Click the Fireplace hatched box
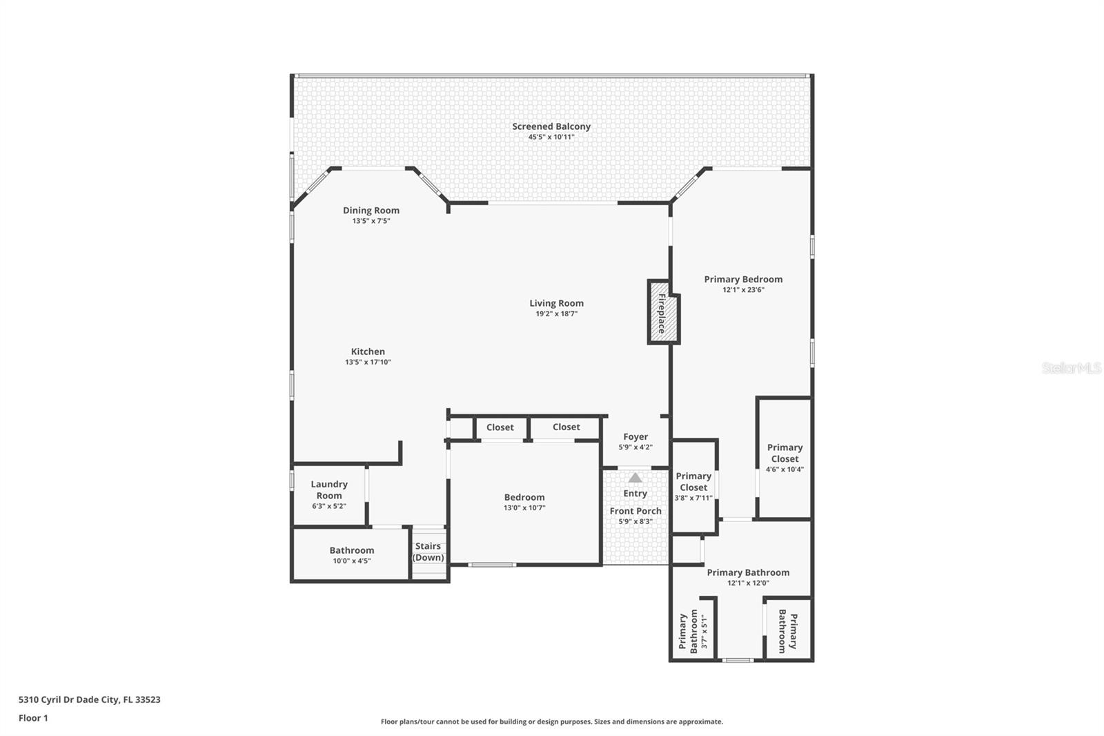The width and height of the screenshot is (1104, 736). click(660, 313)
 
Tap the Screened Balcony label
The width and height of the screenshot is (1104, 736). click(551, 126)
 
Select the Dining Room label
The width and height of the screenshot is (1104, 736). click(371, 211)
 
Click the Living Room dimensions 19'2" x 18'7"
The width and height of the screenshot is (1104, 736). click(556, 314)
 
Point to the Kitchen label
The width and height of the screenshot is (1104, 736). click(368, 351)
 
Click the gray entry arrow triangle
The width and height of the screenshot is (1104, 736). click(635, 478)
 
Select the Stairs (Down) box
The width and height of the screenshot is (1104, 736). click(428, 552)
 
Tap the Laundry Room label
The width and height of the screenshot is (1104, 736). click(329, 490)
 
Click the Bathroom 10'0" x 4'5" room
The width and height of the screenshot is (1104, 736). click(351, 554)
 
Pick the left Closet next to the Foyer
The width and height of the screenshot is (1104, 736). click(500, 427)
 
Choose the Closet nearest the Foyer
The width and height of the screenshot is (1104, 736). click(566, 427)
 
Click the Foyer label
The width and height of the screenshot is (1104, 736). click(635, 437)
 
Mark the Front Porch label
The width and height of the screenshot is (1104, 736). click(635, 511)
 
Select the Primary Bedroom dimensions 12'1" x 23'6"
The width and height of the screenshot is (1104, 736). click(743, 290)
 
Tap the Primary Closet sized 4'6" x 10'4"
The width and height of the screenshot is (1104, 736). click(785, 458)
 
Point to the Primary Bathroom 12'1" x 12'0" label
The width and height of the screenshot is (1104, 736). click(748, 572)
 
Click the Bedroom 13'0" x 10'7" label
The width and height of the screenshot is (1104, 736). click(524, 497)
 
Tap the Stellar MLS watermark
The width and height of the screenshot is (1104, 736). click(1071, 368)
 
